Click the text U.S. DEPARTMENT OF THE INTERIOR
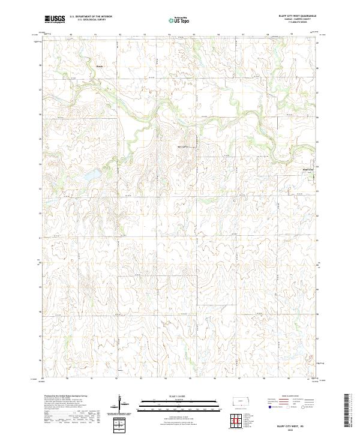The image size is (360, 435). click(x=91, y=16)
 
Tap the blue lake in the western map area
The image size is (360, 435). click(x=92, y=175)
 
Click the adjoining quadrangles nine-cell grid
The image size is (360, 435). click(x=240, y=419)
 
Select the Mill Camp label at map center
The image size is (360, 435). click(x=185, y=146)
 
